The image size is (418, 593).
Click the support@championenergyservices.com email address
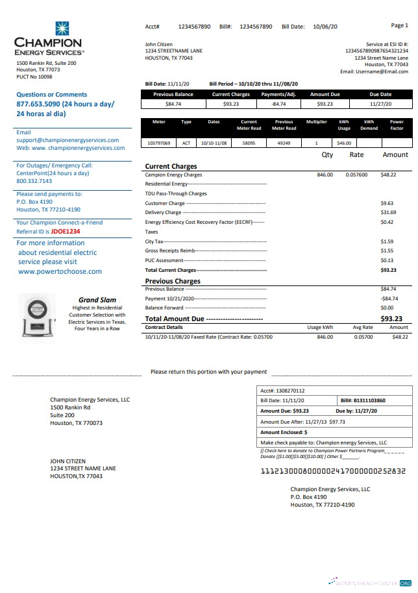click(x=68, y=140)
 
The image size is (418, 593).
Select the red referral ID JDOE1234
click(x=66, y=231)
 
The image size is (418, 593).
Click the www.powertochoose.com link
click(x=60, y=272)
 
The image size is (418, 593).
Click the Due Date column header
click(x=380, y=94)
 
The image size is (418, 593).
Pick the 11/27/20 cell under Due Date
click(x=380, y=104)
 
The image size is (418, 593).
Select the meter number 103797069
click(x=158, y=143)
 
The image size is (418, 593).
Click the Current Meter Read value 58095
click(x=249, y=143)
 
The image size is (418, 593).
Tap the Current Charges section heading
click(x=171, y=167)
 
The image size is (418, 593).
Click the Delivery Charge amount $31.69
click(x=388, y=213)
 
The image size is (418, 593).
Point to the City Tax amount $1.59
click(x=387, y=241)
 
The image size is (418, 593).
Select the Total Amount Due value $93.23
click(x=391, y=319)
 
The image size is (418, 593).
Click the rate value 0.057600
click(x=356, y=175)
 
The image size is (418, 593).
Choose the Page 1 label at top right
click(x=399, y=25)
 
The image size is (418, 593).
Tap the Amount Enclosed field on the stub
click(x=284, y=432)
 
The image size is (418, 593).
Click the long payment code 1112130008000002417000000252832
click(x=332, y=471)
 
